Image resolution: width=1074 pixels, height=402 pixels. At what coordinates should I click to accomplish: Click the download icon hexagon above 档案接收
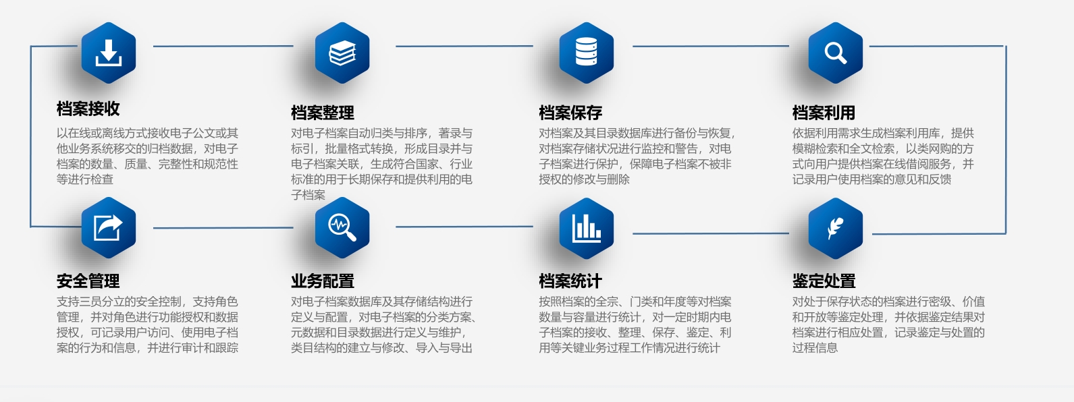coord(109,53)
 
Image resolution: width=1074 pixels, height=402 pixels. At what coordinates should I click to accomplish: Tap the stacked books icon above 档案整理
coord(342,53)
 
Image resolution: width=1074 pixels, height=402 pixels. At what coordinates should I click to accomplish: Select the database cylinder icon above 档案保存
coord(587,53)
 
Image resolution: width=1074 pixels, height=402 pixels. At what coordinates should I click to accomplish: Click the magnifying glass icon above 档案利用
coord(835,53)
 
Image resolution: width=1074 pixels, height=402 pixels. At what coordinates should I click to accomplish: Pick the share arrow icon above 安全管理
coord(109,228)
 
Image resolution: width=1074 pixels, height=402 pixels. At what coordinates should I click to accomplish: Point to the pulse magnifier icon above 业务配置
coord(342,228)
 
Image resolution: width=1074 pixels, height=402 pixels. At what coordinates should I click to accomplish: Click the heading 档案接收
coord(88,109)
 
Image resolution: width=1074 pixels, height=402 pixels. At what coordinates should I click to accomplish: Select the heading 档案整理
coord(323,113)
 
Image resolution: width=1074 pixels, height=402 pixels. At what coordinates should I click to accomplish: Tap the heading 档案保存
coord(570,113)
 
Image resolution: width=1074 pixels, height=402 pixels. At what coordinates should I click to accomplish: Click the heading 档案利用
coord(824,113)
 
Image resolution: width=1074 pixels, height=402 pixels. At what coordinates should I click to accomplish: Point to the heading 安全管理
coord(88,281)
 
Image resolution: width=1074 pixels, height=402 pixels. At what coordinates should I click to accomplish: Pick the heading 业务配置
coord(323,281)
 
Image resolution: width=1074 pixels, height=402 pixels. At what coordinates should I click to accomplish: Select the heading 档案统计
coord(570,281)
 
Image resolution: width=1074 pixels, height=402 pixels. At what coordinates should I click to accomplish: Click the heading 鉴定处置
coord(824,281)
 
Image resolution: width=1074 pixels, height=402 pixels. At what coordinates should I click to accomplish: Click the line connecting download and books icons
coord(223,46)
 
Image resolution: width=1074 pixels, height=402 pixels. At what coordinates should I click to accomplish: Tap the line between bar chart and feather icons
coord(711,234)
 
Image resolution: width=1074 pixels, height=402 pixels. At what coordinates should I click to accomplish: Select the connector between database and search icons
coord(711,46)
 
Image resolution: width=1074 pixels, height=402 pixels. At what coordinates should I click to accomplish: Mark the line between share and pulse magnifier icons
coord(223,228)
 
